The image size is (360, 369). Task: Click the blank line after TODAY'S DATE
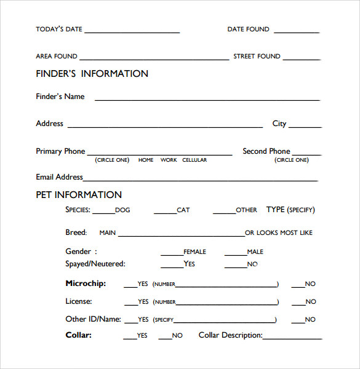[132, 31]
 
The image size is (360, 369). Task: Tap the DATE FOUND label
[248, 29]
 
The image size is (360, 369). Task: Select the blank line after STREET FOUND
[302, 59]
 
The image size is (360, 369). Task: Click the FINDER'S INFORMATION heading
[92, 74]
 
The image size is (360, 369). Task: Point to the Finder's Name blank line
[207, 99]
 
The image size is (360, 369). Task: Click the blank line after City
[305, 127]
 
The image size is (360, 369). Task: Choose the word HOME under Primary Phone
[146, 160]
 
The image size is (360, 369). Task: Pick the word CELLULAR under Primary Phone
[194, 160]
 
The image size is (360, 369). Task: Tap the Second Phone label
[266, 151]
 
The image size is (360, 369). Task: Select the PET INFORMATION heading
[79, 195]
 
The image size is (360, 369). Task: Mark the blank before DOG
[103, 213]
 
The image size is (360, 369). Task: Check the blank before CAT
[165, 213]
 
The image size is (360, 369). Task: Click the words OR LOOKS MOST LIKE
[279, 233]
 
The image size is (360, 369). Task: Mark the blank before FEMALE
[172, 255]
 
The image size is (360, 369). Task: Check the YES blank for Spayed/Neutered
[172, 267]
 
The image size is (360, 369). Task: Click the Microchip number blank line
[226, 287]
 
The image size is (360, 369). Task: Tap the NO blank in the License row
[298, 304]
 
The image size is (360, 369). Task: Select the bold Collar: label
[78, 335]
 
